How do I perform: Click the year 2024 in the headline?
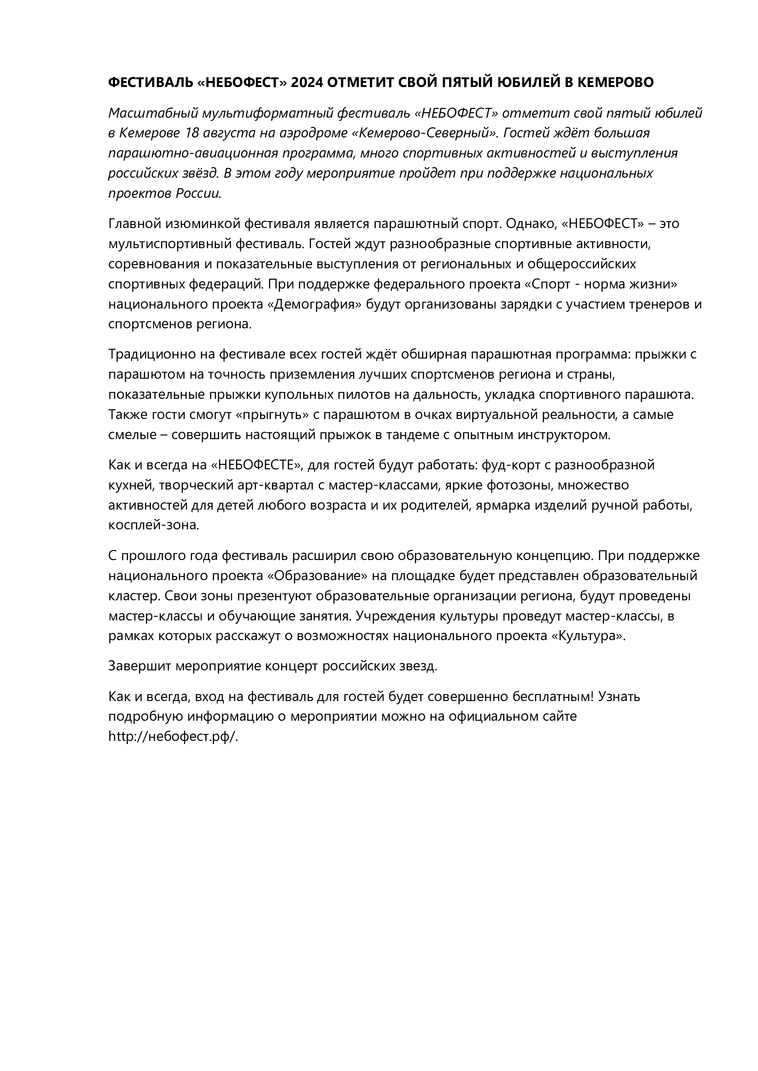click(x=307, y=82)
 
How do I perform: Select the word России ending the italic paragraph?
click(x=198, y=194)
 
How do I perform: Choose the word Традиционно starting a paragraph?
click(x=150, y=354)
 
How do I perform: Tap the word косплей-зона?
click(x=154, y=526)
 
